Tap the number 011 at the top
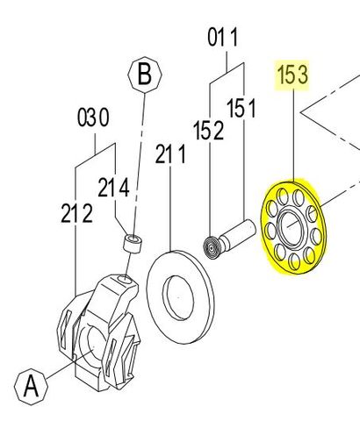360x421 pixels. coord(223,38)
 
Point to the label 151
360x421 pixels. coord(241,109)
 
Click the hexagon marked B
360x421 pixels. coord(144,75)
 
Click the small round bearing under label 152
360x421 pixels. coord(211,247)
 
